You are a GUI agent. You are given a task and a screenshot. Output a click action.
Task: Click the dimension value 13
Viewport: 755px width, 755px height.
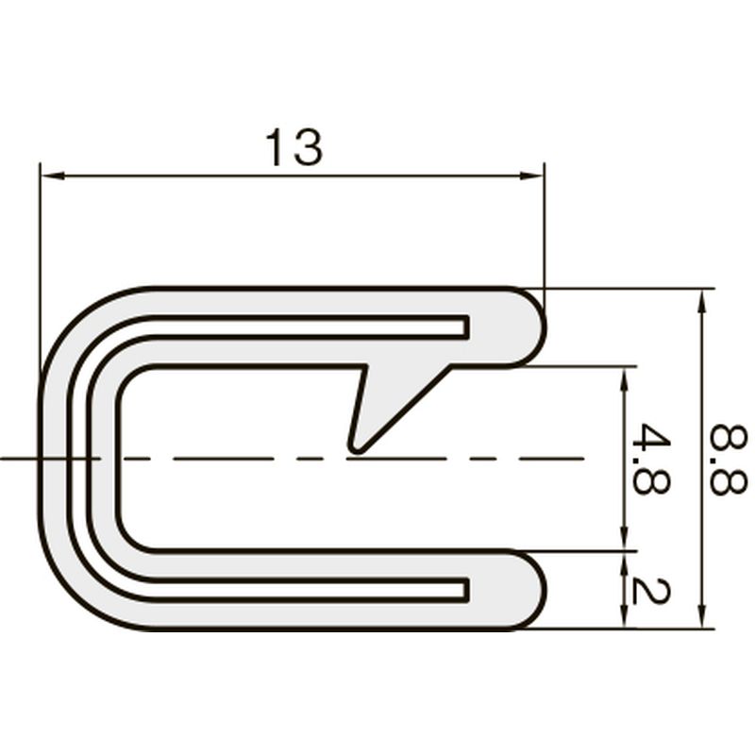click(294, 147)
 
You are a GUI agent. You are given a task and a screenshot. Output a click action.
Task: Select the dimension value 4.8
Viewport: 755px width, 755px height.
click(651, 459)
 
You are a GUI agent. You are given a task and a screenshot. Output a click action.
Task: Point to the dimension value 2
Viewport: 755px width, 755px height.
click(649, 592)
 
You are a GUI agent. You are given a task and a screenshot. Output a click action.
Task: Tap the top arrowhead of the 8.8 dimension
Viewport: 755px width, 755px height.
click(702, 301)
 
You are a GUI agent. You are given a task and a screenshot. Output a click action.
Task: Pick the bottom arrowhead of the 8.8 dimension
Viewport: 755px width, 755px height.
click(702, 616)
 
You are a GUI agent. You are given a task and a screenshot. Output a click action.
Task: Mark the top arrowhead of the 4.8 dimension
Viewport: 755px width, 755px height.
click(625, 379)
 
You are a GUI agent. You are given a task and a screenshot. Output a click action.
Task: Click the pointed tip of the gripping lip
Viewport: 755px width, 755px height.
click(357, 450)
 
